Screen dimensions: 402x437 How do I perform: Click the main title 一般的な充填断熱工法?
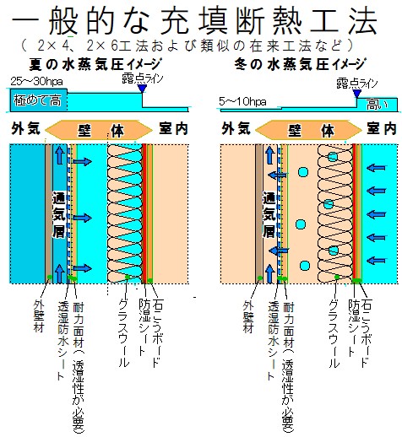click(195, 20)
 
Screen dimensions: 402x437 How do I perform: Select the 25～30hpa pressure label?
click(36, 82)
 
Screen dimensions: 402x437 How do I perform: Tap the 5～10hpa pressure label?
click(242, 101)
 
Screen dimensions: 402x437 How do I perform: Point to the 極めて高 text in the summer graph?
click(37, 100)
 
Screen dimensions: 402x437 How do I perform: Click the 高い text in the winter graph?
click(377, 105)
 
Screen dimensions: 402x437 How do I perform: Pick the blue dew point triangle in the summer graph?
click(142, 89)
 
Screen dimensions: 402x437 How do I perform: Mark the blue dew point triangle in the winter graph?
click(357, 94)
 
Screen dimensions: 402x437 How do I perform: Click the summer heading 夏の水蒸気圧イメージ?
click(95, 64)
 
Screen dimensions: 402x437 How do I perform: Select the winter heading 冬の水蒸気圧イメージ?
click(300, 64)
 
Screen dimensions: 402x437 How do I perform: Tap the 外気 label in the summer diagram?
click(26, 129)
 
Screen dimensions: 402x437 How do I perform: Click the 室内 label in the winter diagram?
click(381, 129)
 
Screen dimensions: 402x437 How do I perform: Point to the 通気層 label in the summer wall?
click(59, 214)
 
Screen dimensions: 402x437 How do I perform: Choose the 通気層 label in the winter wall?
click(269, 214)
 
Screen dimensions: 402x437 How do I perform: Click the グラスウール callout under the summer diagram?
click(123, 332)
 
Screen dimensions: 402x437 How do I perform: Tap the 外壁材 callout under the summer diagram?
click(39, 316)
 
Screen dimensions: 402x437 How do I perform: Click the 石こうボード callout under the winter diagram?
click(366, 332)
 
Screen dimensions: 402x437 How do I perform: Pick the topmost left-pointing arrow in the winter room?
click(376, 168)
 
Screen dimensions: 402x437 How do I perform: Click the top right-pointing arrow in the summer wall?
click(82, 161)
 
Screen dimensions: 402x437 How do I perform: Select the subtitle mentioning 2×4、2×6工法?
click(187, 46)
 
